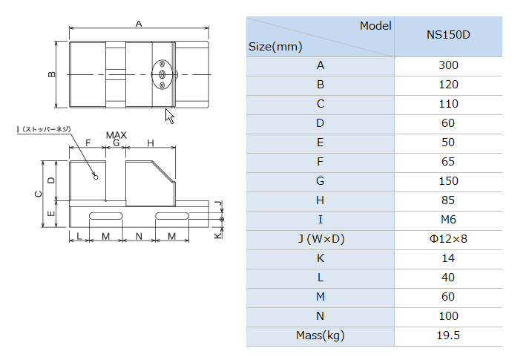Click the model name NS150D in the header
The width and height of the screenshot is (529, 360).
click(x=448, y=35)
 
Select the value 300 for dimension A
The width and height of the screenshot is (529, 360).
click(x=448, y=65)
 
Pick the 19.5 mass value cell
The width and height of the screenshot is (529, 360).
click(x=448, y=336)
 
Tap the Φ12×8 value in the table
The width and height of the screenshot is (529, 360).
click(x=448, y=239)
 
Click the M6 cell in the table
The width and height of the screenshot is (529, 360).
click(x=448, y=220)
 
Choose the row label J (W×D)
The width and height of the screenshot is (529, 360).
click(x=321, y=239)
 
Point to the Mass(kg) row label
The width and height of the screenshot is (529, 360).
click(x=321, y=336)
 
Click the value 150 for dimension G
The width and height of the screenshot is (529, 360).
click(x=448, y=181)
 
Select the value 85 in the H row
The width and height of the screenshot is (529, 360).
click(x=448, y=200)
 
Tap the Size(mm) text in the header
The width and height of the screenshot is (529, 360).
click(x=275, y=47)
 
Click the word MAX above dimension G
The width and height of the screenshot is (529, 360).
click(x=116, y=135)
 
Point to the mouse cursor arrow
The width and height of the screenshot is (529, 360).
click(x=169, y=116)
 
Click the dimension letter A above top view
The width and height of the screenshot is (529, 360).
click(x=139, y=24)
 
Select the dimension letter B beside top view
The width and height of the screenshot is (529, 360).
click(x=52, y=74)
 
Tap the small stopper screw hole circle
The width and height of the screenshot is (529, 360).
click(x=96, y=177)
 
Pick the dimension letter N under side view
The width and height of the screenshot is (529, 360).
click(x=139, y=236)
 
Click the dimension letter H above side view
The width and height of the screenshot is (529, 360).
click(x=151, y=143)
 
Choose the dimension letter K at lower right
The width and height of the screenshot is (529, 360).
click(x=218, y=235)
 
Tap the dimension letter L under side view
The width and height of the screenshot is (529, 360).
click(x=79, y=236)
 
